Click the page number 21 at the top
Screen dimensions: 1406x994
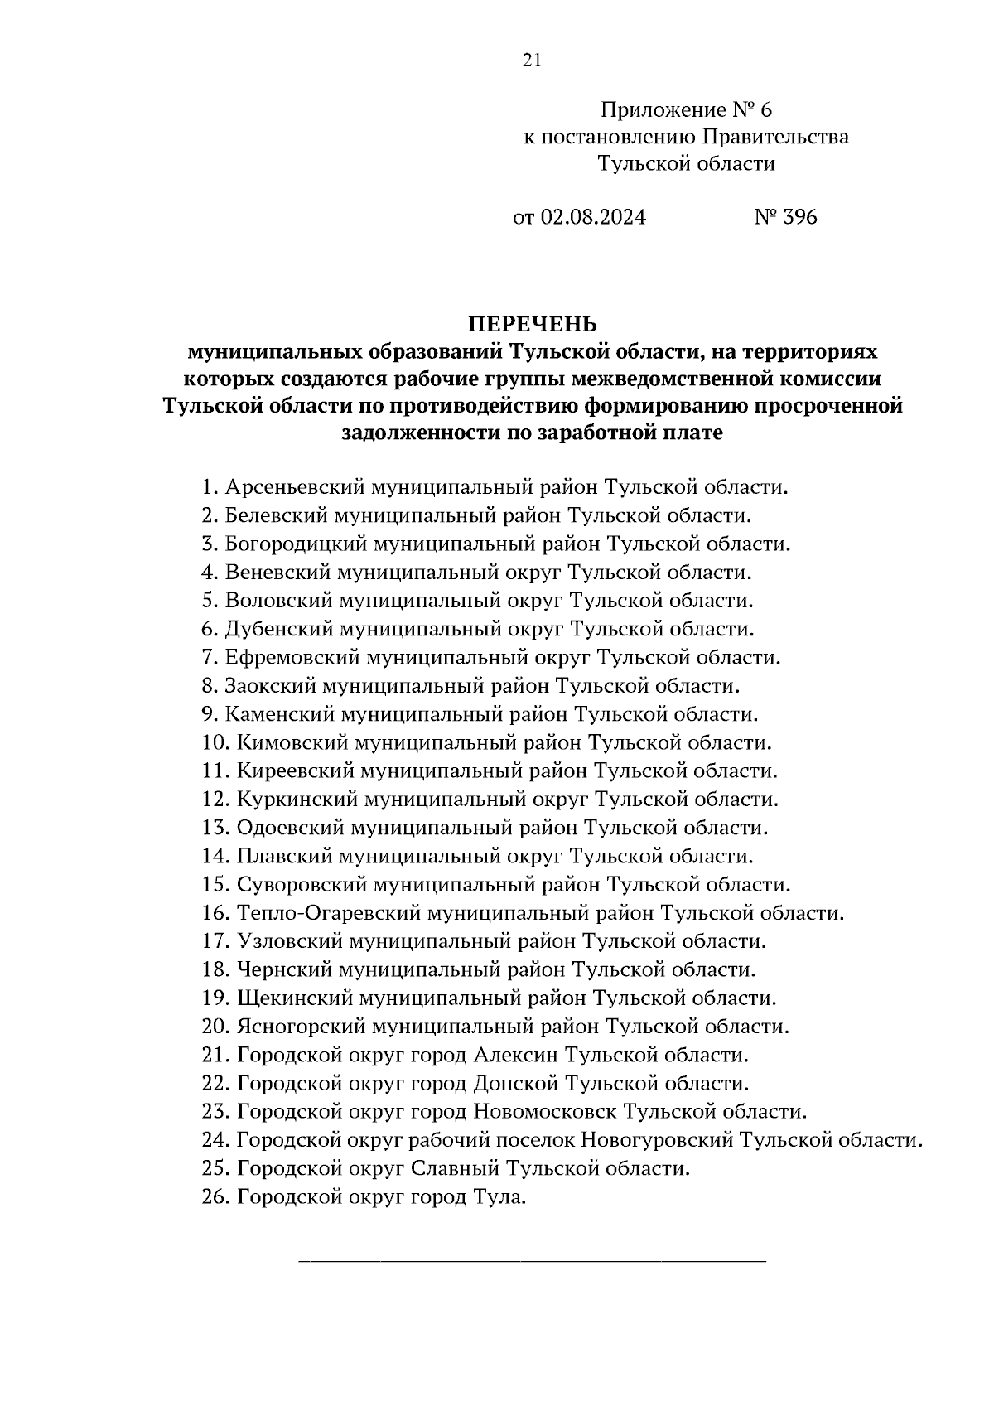[532, 60]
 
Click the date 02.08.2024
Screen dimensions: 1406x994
[593, 217]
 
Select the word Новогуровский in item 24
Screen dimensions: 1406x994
[657, 1140]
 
